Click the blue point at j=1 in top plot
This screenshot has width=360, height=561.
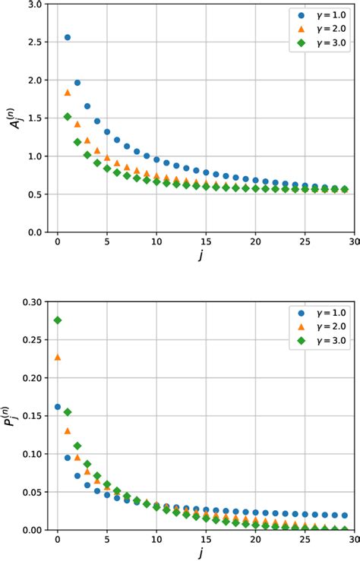click(68, 37)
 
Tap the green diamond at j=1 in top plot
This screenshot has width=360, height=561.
click(68, 117)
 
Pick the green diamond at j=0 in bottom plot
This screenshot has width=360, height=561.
click(58, 320)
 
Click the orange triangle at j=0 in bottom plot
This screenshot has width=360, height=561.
click(58, 357)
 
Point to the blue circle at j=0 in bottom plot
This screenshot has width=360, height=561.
click(58, 407)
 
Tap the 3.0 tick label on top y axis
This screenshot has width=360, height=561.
click(35, 5)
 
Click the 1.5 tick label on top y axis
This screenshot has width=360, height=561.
click(35, 118)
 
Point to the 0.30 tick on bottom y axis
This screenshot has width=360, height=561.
click(33, 301)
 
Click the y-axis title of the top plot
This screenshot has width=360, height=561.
click(13, 118)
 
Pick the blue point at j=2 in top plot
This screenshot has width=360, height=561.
click(77, 83)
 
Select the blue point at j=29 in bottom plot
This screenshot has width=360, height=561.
click(344, 515)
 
